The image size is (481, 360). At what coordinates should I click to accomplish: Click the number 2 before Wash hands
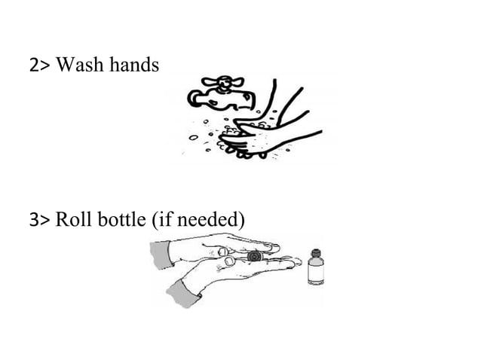point(35,67)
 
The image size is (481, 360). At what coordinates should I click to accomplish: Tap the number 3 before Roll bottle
point(35,221)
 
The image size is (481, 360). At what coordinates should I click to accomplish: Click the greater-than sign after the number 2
point(44,68)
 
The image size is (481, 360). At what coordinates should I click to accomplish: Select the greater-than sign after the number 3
point(44,221)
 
